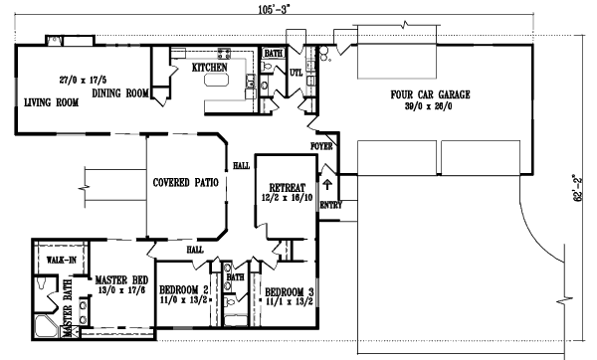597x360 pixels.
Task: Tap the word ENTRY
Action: [x=330, y=206]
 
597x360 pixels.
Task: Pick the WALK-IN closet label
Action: [x=64, y=262]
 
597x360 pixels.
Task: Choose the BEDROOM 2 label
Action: [x=183, y=291]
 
